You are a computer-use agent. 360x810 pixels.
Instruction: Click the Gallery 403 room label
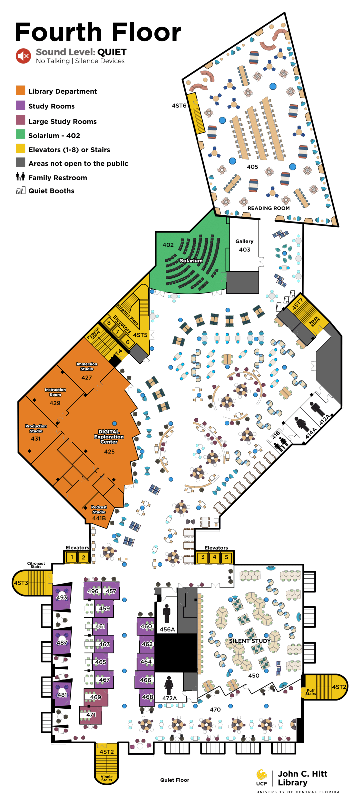(244, 245)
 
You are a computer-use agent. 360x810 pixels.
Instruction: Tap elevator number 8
(109, 322)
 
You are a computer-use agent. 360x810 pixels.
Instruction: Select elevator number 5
(226, 557)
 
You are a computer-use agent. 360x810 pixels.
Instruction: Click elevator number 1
(72, 557)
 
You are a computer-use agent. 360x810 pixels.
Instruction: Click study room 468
(147, 697)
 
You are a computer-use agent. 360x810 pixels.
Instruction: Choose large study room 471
(91, 714)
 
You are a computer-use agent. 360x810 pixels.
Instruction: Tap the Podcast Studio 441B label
(99, 513)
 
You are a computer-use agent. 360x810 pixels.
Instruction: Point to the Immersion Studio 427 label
(87, 371)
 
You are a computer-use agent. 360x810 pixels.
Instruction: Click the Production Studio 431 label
(36, 432)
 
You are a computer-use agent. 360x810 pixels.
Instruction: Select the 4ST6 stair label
(179, 106)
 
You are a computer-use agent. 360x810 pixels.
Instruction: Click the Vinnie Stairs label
(106, 778)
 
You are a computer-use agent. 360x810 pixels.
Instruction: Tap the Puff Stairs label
(311, 692)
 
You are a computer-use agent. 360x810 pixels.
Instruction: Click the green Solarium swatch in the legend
(21, 134)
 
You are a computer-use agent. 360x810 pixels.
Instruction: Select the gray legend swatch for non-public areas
(21, 162)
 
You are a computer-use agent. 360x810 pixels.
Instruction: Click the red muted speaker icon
(23, 56)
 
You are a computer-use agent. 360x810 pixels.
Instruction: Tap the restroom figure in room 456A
(167, 613)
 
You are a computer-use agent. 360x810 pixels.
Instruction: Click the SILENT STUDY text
(250, 641)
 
